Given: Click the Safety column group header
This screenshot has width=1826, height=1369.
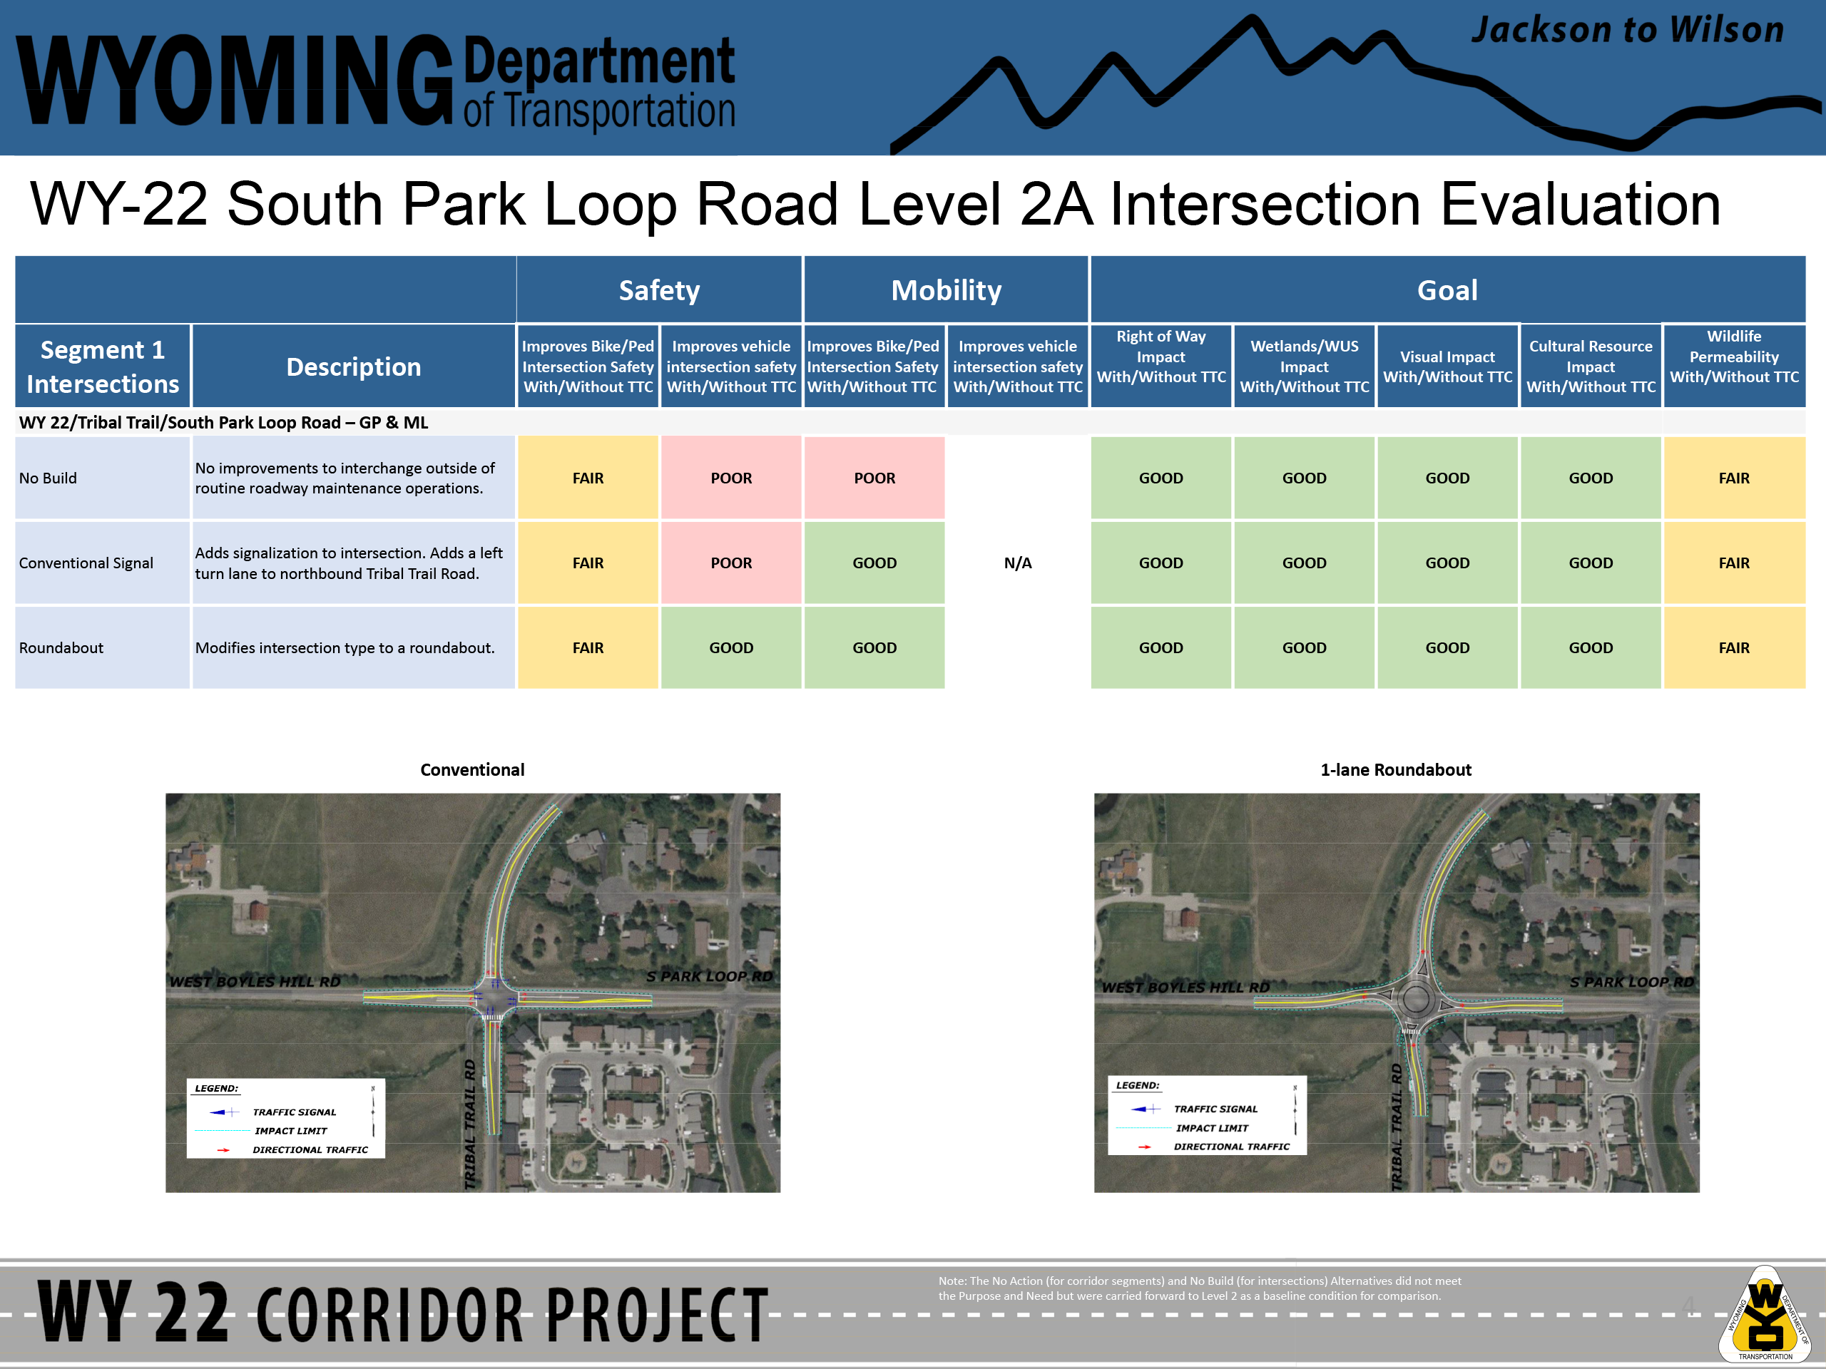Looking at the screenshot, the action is (659, 289).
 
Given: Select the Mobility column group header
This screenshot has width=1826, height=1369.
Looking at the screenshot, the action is (946, 289).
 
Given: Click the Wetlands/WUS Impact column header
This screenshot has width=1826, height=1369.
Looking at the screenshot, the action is (1305, 366).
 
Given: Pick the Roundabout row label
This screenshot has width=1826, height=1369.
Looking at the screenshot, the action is (61, 647).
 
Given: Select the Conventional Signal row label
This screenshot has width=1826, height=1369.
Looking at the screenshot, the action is (86, 563).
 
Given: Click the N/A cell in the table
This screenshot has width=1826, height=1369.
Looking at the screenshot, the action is (1018, 563).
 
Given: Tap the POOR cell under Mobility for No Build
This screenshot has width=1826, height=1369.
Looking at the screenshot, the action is (874, 478).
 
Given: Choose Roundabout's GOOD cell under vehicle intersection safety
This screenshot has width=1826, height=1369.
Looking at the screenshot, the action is (730, 647).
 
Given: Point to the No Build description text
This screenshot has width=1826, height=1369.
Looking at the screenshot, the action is (345, 478).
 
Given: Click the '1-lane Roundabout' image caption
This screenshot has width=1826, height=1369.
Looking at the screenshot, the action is (1396, 770).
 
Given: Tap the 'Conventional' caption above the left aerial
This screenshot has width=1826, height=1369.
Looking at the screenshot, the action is (472, 770).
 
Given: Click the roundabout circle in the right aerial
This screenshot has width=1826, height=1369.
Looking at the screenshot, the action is (1417, 985).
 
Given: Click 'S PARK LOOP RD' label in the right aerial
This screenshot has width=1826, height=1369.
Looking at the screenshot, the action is (1631, 982).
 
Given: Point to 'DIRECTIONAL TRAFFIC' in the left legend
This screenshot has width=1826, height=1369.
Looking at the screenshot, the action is (310, 1149).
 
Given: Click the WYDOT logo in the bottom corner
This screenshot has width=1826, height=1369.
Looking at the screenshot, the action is (1765, 1313).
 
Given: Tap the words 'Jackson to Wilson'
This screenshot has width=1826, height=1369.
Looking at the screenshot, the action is (1627, 30).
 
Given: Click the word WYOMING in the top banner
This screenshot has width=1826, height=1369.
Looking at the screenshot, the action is (235, 80).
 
